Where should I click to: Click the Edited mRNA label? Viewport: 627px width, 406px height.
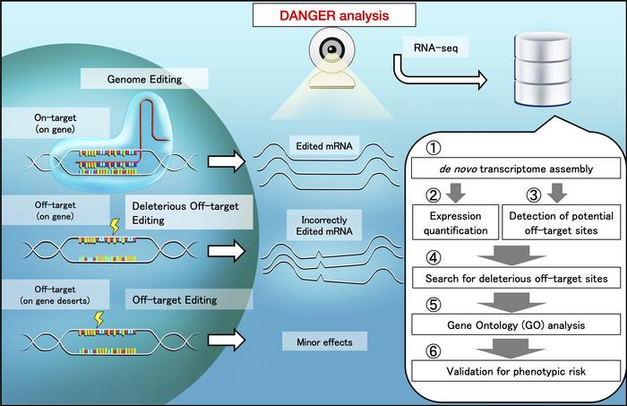(x=319, y=143)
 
